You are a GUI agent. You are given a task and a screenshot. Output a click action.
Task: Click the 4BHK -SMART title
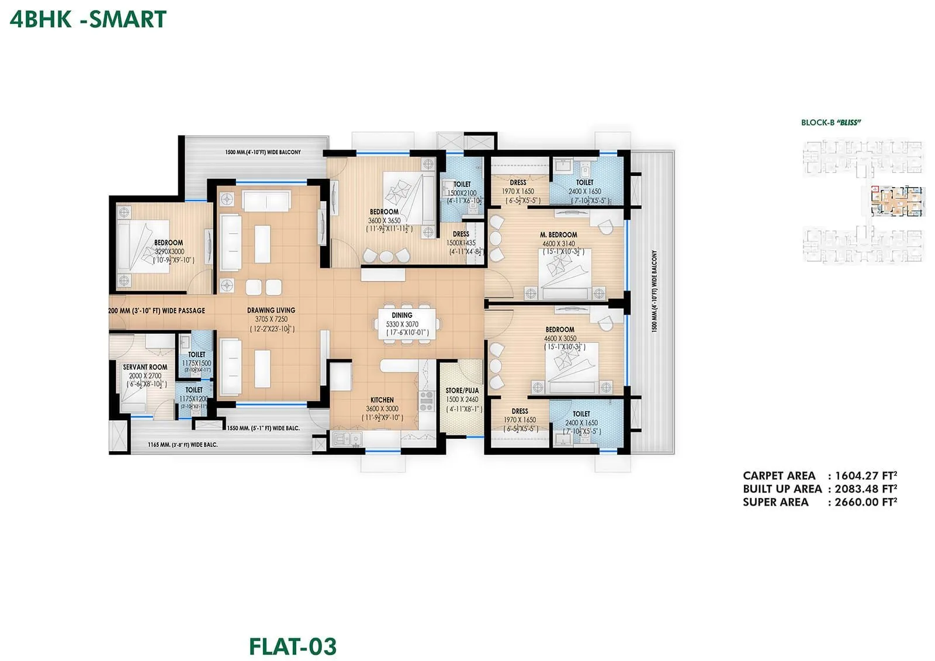88,19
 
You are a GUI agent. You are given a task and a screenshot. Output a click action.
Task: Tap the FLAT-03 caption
293,646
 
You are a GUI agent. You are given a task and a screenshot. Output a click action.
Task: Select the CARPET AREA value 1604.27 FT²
865,476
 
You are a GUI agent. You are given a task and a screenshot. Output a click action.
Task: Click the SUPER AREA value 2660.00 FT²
865,502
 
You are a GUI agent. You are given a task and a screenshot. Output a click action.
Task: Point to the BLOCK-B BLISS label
831,123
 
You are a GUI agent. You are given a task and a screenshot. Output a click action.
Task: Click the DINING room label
402,315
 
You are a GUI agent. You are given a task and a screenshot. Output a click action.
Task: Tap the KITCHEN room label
382,400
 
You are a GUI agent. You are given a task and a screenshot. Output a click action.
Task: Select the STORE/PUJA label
462,390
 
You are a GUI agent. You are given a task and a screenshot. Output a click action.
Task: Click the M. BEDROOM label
558,235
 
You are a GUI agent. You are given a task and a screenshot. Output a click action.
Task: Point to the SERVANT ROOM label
145,367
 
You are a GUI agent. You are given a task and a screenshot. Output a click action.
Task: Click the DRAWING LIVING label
271,310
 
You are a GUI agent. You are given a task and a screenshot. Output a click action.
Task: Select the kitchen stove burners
427,400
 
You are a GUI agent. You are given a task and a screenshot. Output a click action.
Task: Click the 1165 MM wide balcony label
182,445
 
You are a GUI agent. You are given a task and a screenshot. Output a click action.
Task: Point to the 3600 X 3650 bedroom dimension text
385,221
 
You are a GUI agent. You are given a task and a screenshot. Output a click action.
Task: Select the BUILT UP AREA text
782,489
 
